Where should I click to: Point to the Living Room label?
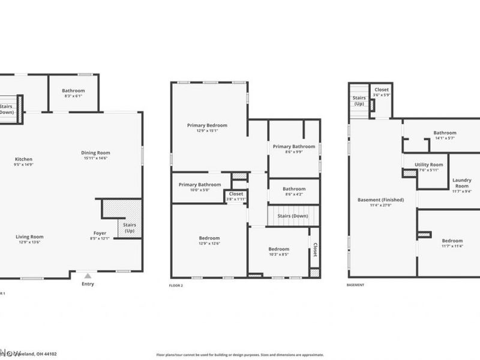[x=29, y=237]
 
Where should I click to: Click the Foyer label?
[x=100, y=233]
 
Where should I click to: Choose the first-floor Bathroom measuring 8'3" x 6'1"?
[x=73, y=91]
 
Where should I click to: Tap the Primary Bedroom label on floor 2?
[x=207, y=125]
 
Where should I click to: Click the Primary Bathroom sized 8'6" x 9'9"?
[x=294, y=147]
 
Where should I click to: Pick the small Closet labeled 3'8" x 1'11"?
[x=236, y=194]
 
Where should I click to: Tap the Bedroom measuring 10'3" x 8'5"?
[x=278, y=250]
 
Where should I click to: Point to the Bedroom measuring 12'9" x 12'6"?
[x=209, y=238]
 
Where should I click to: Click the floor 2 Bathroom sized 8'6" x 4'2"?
[x=294, y=189]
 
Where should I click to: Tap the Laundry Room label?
[x=461, y=183]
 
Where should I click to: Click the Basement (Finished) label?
[x=380, y=200]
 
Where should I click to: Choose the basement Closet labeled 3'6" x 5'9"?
[x=381, y=90]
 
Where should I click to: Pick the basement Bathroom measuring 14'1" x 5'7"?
[x=445, y=133]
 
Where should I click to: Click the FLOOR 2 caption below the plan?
[x=176, y=286]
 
